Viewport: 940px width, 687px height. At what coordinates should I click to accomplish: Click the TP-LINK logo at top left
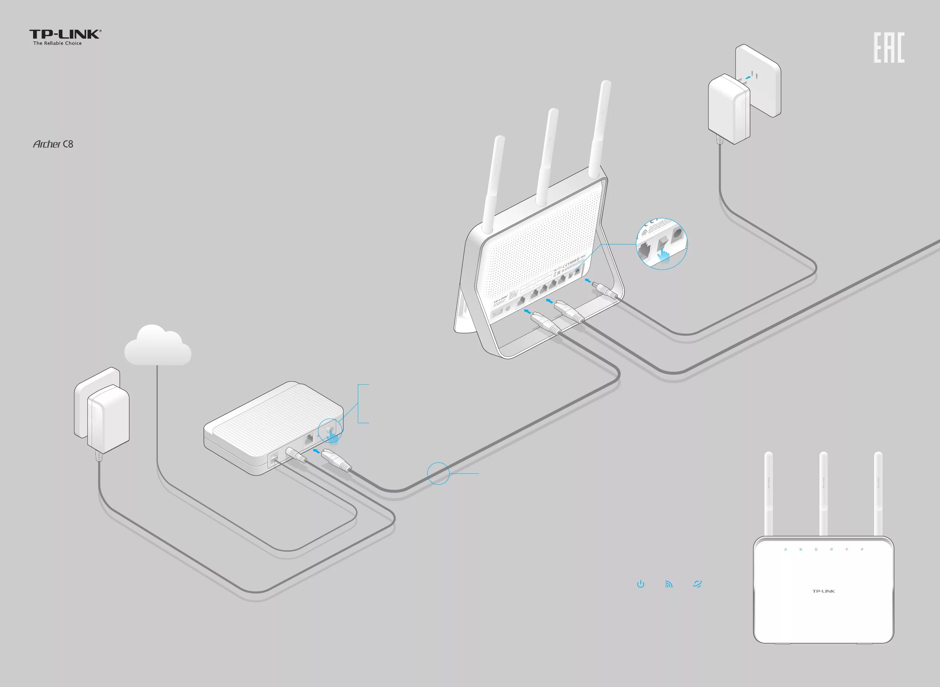coord(65,35)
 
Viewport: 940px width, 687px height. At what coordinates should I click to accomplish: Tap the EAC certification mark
coord(889,48)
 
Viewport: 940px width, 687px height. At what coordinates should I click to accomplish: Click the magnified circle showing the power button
coord(661,244)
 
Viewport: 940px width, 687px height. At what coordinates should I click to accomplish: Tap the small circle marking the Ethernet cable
coord(439,473)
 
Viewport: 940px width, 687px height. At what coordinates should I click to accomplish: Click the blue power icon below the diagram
coord(641,584)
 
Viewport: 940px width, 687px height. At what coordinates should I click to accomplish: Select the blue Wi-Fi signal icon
coord(669,584)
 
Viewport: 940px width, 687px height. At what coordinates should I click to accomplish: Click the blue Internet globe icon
coord(697,584)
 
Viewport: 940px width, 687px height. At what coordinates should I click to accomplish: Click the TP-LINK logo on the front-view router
coord(824,591)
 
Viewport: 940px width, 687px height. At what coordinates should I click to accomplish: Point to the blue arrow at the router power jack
coord(588,282)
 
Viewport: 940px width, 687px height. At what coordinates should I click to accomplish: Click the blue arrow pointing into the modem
coord(317,450)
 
